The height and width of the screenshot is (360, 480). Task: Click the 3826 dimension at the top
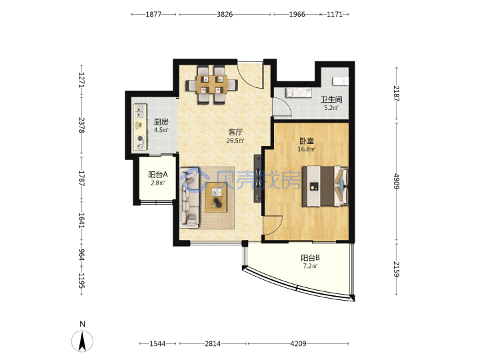tap(225, 15)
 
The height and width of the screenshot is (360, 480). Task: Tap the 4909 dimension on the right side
tap(397, 181)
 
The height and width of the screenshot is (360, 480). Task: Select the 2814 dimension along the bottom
tap(213, 343)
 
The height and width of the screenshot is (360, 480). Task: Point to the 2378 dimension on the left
tap(81, 125)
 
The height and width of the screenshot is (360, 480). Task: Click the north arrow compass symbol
tap(82, 337)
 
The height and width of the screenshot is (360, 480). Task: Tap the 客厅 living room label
tap(235, 132)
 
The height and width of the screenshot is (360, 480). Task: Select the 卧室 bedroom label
tap(307, 141)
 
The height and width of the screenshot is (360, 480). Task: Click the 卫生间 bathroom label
tap(331, 99)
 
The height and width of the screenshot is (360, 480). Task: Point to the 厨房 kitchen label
tap(161, 122)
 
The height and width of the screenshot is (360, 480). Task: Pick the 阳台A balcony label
tap(158, 175)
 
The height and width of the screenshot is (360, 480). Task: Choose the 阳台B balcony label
tap(311, 258)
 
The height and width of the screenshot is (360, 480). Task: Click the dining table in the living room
tap(211, 85)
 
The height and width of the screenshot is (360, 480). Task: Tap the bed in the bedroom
tap(325, 186)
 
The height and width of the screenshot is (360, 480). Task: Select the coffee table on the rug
tap(216, 197)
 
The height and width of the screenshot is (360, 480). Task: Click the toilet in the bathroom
tap(341, 81)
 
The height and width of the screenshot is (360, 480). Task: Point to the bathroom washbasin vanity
tap(299, 93)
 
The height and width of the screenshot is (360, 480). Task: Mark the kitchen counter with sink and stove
tap(140, 127)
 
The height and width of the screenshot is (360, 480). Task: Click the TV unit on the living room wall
tap(258, 179)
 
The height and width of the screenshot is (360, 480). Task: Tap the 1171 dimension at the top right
tap(335, 15)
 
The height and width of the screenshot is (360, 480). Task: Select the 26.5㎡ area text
tap(235, 141)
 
